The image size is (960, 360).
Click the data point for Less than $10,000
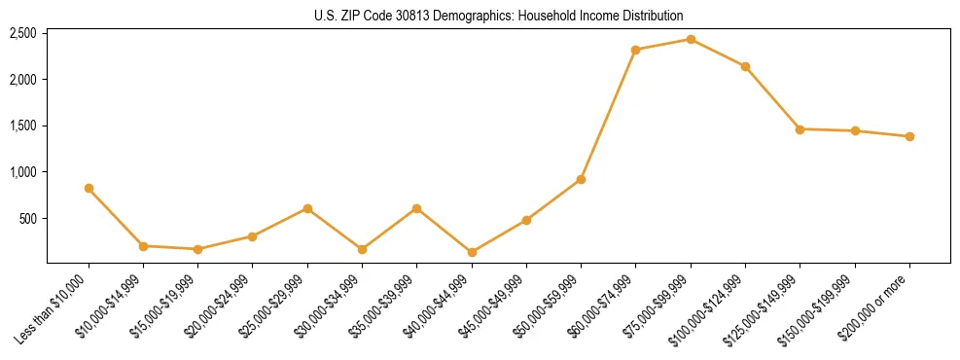click(x=89, y=188)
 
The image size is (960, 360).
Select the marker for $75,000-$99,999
click(x=691, y=39)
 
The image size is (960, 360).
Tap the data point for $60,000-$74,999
click(x=635, y=50)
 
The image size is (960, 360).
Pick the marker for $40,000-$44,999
click(x=472, y=252)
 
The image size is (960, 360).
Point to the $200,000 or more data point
click(x=909, y=136)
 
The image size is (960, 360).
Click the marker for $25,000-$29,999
click(x=307, y=208)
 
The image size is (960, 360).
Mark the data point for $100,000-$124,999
click(x=745, y=66)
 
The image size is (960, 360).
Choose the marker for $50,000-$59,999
click(x=581, y=179)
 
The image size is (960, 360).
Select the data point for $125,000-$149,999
click(x=800, y=129)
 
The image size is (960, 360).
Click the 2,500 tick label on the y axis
click(x=22, y=33)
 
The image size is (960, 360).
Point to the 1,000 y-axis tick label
click(x=22, y=172)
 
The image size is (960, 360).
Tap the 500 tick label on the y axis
click(x=27, y=219)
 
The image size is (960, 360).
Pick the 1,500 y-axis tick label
click(x=22, y=126)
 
